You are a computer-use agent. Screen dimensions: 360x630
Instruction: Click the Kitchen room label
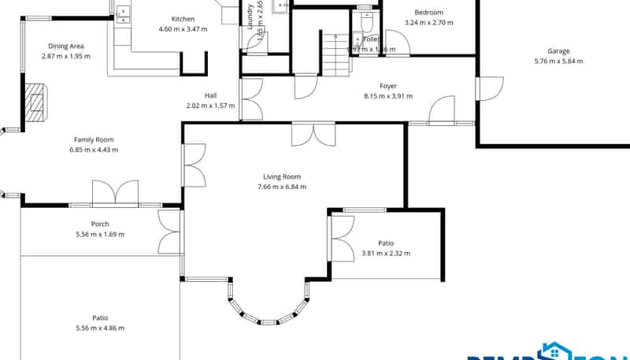click(183, 19)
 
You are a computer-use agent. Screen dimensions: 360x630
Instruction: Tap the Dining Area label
click(66, 46)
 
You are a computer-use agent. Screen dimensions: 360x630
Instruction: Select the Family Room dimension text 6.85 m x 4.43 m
click(94, 150)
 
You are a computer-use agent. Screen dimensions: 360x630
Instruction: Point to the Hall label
click(210, 95)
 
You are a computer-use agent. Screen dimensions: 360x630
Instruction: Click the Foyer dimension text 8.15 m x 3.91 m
click(387, 96)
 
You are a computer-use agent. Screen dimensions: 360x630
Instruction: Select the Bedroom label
click(429, 13)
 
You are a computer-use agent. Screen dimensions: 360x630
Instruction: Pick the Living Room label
click(282, 176)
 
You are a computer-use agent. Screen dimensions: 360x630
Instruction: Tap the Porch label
click(100, 224)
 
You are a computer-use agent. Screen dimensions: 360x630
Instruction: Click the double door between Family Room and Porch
click(115, 194)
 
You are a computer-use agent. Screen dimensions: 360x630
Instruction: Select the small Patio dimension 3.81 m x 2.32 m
click(386, 254)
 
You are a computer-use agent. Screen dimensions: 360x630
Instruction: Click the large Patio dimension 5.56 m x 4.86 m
click(100, 328)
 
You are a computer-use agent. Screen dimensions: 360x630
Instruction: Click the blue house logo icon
click(550, 351)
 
